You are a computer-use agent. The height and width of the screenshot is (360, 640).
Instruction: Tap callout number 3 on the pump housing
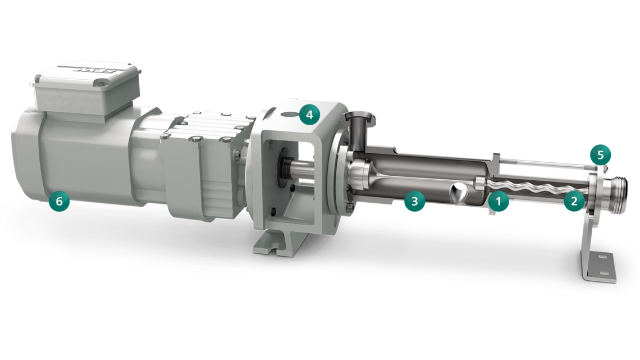(414, 202)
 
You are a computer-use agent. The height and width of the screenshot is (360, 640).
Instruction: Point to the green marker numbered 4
(309, 115)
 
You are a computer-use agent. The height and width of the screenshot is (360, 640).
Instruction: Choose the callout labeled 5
(600, 154)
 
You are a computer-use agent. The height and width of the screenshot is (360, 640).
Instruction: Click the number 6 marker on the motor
(59, 200)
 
